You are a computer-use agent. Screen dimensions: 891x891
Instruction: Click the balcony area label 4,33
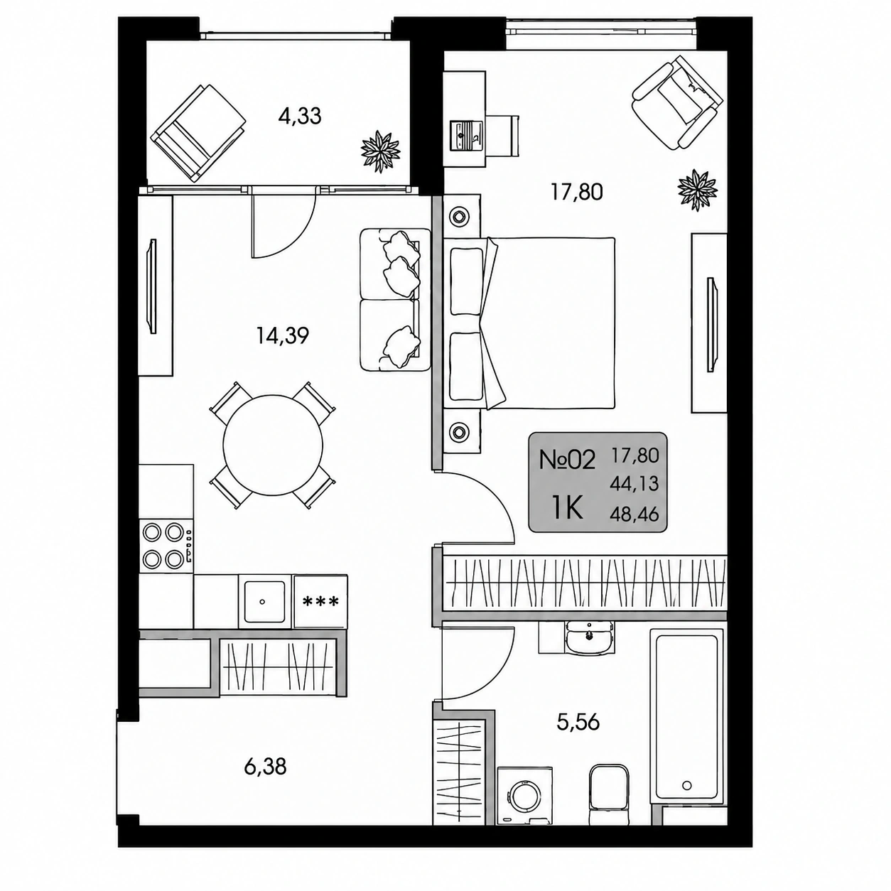tap(300, 117)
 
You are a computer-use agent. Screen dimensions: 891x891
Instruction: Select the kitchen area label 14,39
tap(283, 335)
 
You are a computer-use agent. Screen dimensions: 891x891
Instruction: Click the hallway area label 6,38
tap(266, 767)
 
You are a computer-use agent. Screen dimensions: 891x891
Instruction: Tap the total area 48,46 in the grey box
tap(634, 514)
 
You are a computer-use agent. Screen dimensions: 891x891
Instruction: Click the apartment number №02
tap(567, 461)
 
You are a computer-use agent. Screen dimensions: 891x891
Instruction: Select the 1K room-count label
tap(567, 509)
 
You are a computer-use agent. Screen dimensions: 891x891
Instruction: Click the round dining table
tap(273, 445)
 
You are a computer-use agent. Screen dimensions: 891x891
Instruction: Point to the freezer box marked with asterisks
tap(320, 602)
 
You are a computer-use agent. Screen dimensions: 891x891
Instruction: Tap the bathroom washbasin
tap(588, 637)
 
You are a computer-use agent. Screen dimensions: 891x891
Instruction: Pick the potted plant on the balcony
tap(381, 151)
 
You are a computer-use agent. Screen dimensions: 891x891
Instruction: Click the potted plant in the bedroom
tap(697, 190)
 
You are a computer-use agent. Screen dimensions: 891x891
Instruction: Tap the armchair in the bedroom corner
tap(677, 102)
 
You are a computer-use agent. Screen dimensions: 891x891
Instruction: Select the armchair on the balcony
tap(199, 133)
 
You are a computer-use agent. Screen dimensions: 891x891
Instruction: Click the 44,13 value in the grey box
tap(634, 484)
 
